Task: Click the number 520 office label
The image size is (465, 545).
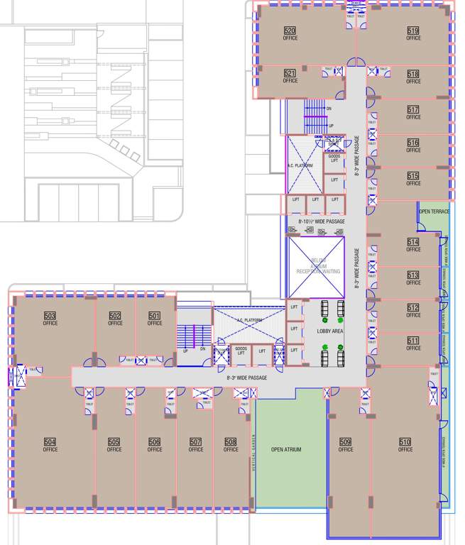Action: click(x=290, y=31)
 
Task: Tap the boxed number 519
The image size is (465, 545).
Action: click(x=413, y=31)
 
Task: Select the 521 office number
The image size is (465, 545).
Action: click(x=290, y=73)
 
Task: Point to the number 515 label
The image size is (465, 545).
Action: click(x=413, y=175)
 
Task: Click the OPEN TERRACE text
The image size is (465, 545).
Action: click(x=434, y=211)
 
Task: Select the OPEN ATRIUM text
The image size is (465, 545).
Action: click(x=287, y=449)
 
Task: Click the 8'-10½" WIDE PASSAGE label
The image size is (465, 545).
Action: click(x=321, y=221)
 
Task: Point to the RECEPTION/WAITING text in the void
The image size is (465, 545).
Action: click(x=317, y=271)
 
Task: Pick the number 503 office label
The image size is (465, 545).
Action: click(x=50, y=316)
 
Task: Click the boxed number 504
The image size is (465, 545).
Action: click(x=50, y=441)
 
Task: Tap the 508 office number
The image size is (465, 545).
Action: click(x=231, y=441)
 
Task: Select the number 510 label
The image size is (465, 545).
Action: click(x=405, y=441)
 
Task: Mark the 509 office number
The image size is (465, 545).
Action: click(x=346, y=441)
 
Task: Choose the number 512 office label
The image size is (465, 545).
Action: click(x=413, y=307)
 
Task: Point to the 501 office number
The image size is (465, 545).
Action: click(x=155, y=316)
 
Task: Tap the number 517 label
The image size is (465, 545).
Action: click(x=413, y=110)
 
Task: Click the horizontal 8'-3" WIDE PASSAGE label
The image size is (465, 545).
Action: click(x=246, y=378)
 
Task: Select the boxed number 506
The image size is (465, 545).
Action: click(x=155, y=441)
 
